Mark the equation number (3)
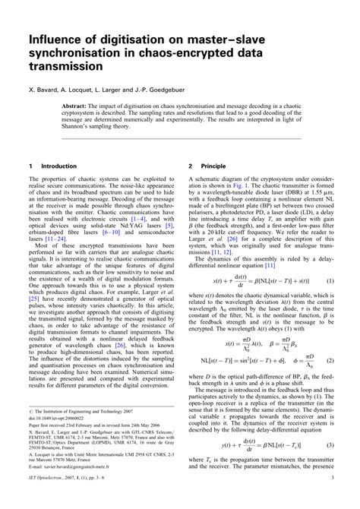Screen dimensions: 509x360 330,466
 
